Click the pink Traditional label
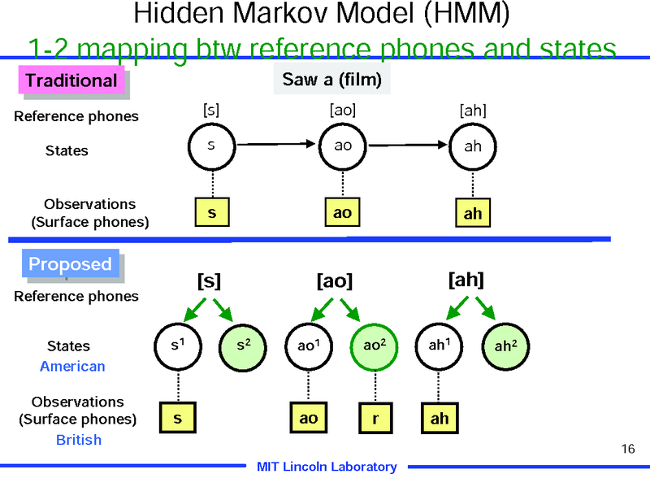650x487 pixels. click(71, 80)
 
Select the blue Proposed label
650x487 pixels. click(70, 264)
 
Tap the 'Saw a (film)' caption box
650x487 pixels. click(331, 80)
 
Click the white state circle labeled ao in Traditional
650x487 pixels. click(343, 146)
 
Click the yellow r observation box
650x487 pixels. click(375, 418)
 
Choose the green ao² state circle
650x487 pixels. click(374, 346)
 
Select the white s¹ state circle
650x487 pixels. click(176, 346)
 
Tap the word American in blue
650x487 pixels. click(72, 367)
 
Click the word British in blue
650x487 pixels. click(79, 440)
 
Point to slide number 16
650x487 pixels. click(627, 449)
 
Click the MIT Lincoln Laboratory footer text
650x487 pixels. click(327, 467)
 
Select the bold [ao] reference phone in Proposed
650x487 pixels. click(334, 281)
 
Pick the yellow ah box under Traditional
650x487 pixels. click(473, 213)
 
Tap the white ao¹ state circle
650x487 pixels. click(307, 346)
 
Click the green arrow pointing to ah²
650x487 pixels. click(485, 307)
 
